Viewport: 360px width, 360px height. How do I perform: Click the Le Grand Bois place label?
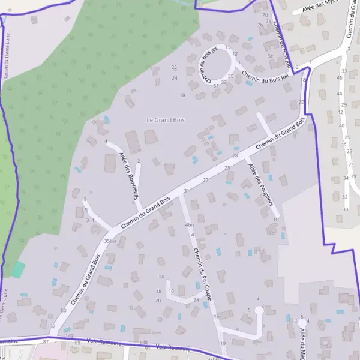point(166,120)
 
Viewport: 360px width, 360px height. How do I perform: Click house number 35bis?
point(110,241)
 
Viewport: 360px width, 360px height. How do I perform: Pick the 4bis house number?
point(190,225)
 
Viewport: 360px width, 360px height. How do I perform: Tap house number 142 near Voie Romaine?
point(69,336)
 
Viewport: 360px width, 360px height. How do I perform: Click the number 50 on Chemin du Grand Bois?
point(64,310)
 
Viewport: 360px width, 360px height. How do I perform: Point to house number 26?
point(175,67)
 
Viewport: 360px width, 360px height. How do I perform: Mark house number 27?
point(206,180)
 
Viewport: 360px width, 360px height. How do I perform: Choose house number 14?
point(161,276)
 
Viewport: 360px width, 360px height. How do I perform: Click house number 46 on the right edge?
point(340,78)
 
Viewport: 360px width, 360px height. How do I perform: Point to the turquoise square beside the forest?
point(19,269)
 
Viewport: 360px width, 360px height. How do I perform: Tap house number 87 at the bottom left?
point(46,341)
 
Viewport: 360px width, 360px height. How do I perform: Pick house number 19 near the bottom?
point(223,343)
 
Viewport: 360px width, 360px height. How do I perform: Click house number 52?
point(52,326)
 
